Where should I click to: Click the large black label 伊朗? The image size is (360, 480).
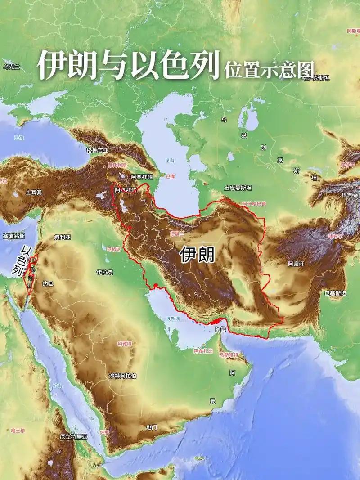coord(197,255)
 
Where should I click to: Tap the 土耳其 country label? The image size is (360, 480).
coord(34,192)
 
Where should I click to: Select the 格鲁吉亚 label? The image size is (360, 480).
coord(97,150)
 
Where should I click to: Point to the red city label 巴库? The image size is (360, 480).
coord(171,176)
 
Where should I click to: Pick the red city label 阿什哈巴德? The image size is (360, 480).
coord(254,204)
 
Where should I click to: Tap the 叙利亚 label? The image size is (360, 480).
coord(63,237)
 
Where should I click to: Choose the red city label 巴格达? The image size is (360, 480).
coord(114,249)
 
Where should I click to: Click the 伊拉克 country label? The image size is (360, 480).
coord(104,272)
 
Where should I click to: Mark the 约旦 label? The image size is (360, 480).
coord(48,283)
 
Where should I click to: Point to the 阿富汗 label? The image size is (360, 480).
coord(296,264)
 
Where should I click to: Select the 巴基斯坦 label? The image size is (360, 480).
coord(336,293)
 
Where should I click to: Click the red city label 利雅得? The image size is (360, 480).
coord(125,343)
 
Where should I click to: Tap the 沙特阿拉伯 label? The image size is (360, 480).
coord(123,376)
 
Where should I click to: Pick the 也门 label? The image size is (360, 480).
coord(152,427)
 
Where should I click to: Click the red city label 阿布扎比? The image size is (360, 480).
coord(203,351)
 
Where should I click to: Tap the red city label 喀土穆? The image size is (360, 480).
coord(18,431)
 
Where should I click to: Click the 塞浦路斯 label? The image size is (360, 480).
coord(13,236)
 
